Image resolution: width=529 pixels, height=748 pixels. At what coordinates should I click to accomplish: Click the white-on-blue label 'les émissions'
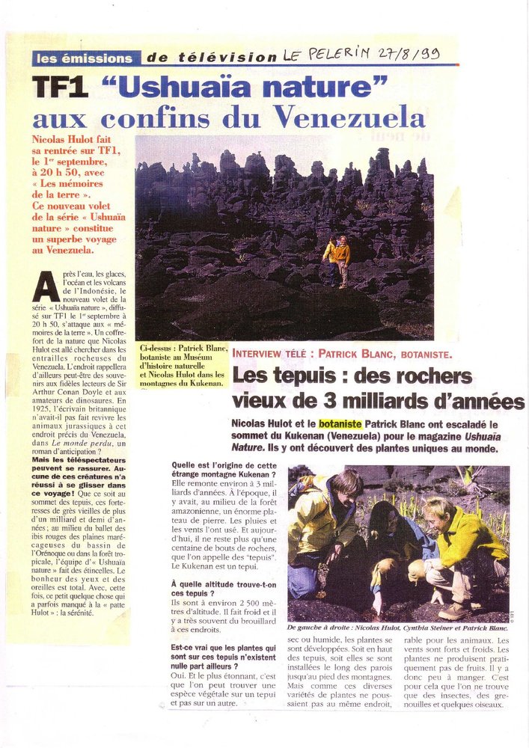[x=86, y=58]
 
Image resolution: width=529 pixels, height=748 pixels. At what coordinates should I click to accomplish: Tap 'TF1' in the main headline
[x=61, y=88]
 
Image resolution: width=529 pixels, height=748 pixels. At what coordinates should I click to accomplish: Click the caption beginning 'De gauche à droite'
[x=398, y=628]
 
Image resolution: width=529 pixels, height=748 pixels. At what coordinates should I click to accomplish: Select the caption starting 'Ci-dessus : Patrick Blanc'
[x=181, y=366]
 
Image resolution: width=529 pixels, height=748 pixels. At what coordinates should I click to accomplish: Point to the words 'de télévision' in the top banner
[x=211, y=58]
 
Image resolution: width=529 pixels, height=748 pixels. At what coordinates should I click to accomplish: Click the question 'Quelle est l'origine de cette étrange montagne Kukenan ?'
[x=222, y=469]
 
